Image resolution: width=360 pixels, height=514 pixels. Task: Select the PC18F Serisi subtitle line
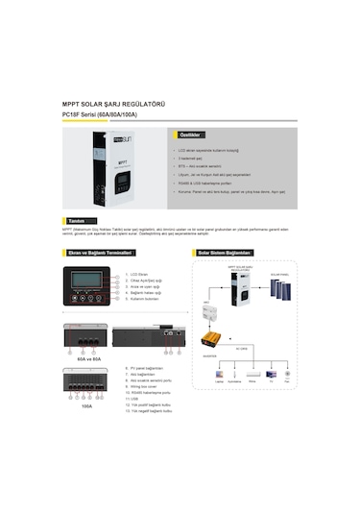(x=99, y=115)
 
